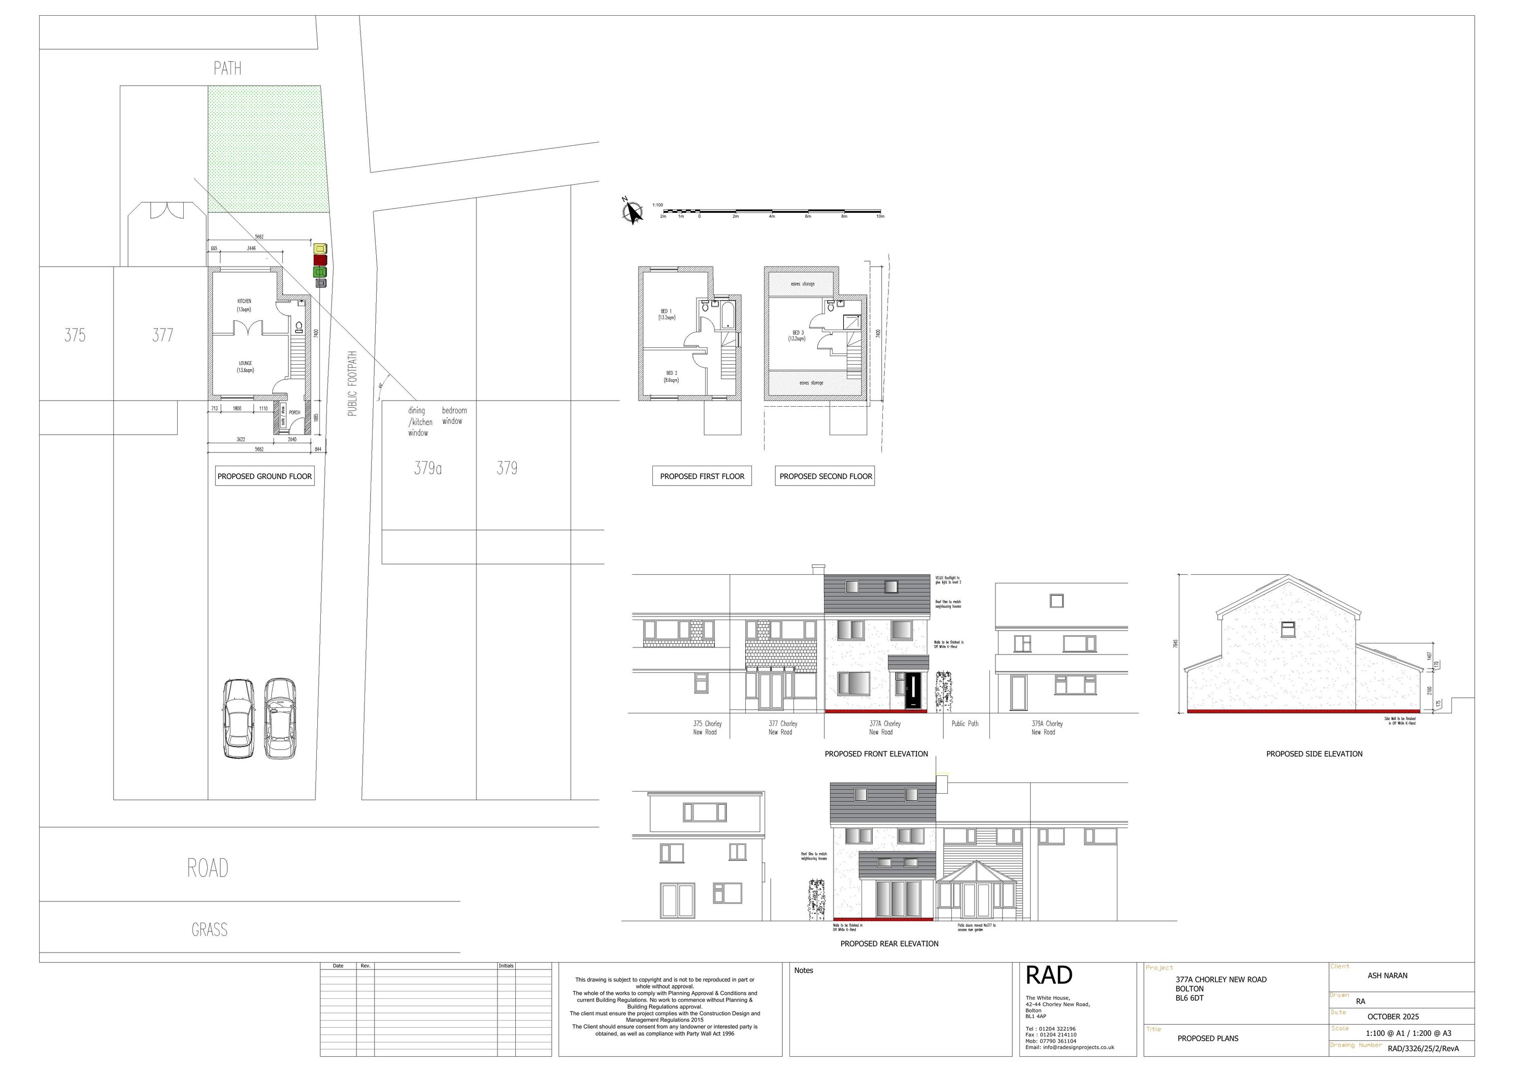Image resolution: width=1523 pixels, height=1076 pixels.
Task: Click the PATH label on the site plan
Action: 227,69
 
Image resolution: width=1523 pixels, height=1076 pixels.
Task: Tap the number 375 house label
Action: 75,335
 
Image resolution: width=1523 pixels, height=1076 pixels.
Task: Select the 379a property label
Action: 428,468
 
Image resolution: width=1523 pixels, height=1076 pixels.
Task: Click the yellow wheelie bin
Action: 320,249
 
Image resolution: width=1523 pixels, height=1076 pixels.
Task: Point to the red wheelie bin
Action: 320,260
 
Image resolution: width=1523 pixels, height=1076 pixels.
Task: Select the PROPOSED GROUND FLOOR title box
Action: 264,476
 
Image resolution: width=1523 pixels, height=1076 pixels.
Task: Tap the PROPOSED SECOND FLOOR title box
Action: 825,476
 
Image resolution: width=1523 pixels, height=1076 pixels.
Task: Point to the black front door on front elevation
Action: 913,691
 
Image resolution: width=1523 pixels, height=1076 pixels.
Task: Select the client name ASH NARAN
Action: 1387,976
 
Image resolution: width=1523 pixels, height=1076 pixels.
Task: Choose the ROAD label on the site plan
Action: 208,868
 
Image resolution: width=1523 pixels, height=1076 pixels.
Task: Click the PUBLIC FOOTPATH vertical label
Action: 352,383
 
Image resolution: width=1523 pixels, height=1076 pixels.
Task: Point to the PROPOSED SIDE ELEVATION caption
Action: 1313,754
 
